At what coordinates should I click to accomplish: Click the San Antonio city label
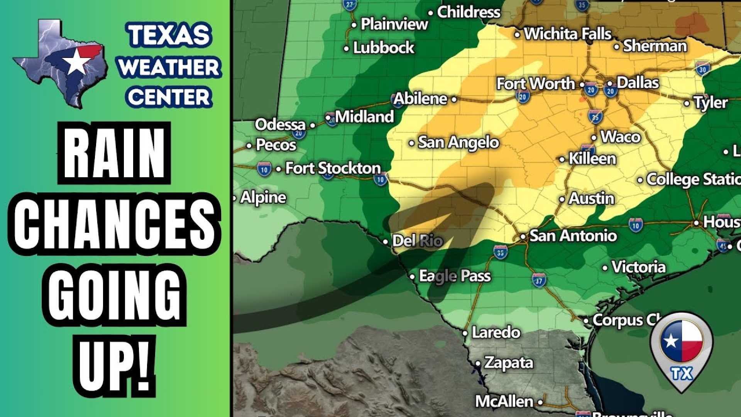click(573, 236)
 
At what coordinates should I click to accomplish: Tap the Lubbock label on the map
click(384, 48)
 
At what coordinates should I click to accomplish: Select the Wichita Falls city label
click(568, 34)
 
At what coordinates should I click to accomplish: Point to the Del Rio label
click(417, 241)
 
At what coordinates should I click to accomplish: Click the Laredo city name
click(496, 332)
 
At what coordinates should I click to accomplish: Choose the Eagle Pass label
click(455, 276)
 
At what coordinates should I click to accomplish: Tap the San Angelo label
click(458, 142)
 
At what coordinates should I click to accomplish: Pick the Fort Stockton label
click(333, 168)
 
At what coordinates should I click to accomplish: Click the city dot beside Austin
click(562, 200)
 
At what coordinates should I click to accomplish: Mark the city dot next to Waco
click(594, 138)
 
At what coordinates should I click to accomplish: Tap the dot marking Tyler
click(687, 103)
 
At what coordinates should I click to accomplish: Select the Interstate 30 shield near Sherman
click(703, 69)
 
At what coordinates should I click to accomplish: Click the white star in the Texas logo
click(76, 62)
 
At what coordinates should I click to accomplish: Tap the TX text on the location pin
click(682, 373)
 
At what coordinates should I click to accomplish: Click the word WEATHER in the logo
click(169, 67)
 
